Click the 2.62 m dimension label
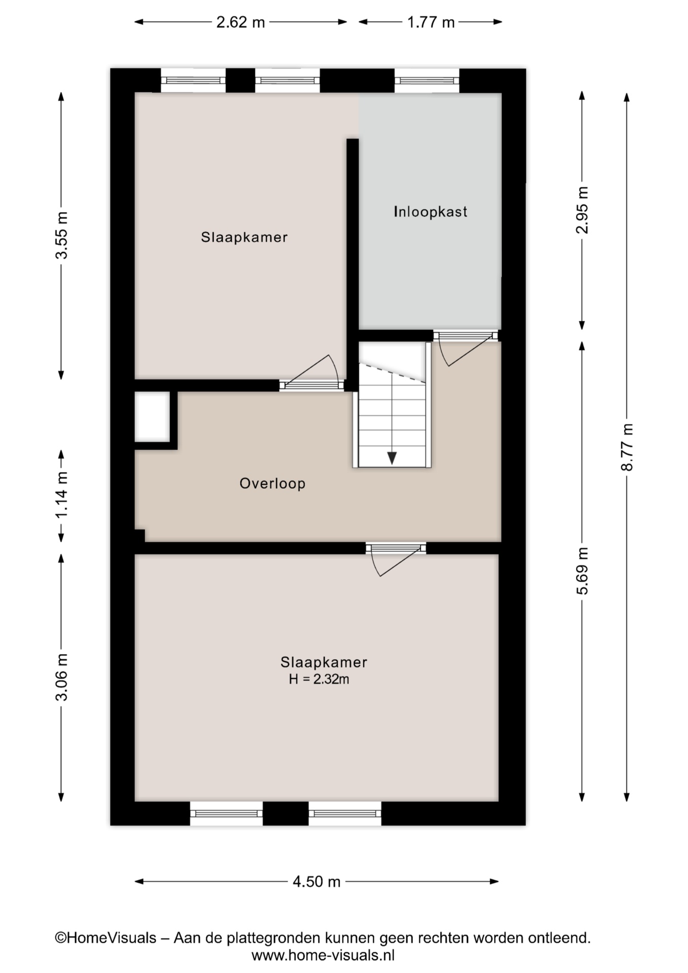tap(241, 22)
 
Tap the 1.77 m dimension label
tap(431, 22)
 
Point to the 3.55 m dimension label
tap(62, 235)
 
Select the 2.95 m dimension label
tap(583, 209)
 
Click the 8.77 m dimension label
tap(627, 447)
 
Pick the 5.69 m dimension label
tap(583, 571)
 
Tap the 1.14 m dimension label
tap(62, 495)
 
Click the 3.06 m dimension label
tap(62, 677)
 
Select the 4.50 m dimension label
tap(317, 882)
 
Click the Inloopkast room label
tap(431, 212)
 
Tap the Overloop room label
tap(273, 483)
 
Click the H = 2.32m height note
tap(319, 679)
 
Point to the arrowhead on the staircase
tap(392, 458)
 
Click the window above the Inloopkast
tap(427, 81)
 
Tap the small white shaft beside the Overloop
tap(152, 416)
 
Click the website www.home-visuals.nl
tap(323, 956)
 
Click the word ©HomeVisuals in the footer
tap(105, 938)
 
